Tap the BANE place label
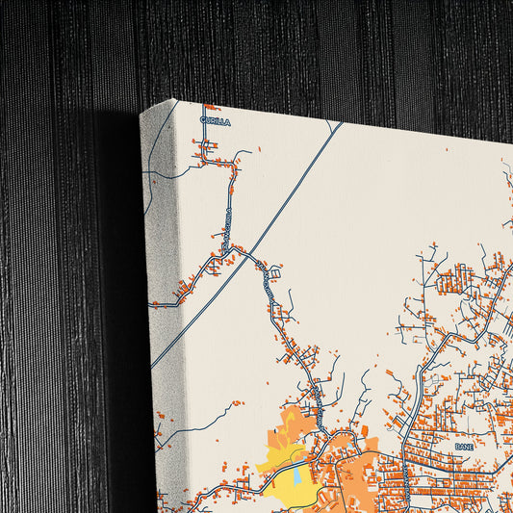465,447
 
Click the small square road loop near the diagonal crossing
275,274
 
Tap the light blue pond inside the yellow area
297,475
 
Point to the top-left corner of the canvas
141,112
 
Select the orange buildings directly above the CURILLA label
205,108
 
